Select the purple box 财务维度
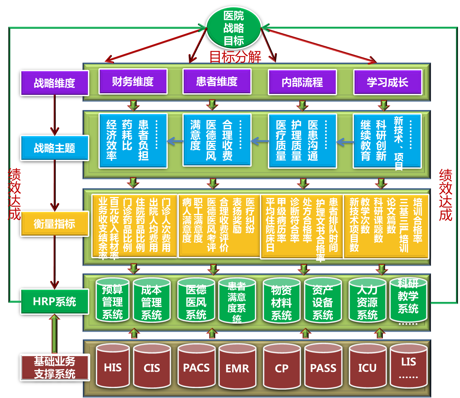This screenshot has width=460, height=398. pyautogui.click(x=133, y=82)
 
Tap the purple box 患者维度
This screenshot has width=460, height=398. pyautogui.click(x=217, y=82)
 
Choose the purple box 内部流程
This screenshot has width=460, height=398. pyautogui.click(x=302, y=82)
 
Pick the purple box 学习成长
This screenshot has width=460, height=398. pyautogui.click(x=387, y=82)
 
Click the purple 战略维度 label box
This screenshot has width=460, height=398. pyautogui.click(x=54, y=83)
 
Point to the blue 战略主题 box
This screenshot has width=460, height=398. pyautogui.click(x=54, y=148)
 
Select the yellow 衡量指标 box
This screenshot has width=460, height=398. pyautogui.click(x=54, y=224)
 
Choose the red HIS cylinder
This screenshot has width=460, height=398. pyautogui.click(x=113, y=367)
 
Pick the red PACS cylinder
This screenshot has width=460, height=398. pyautogui.click(x=196, y=367)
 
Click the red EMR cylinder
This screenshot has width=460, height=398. pyautogui.click(x=237, y=368)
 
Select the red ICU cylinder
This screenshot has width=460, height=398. pyautogui.click(x=367, y=367)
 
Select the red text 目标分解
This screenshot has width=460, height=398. pyautogui.click(x=235, y=57)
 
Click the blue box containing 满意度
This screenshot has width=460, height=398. pyautogui.click(x=217, y=140)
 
